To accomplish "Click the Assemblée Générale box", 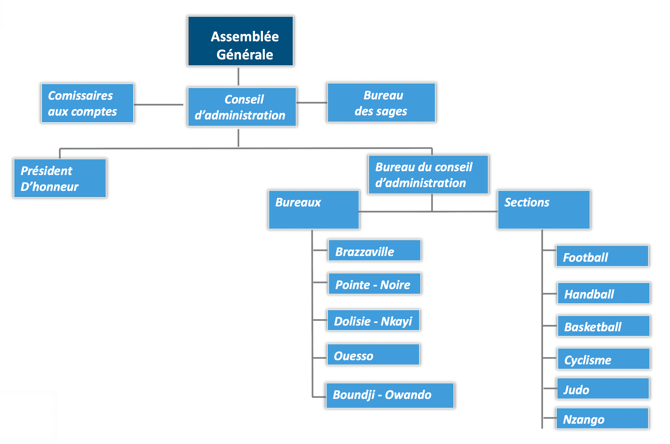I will point(240,41).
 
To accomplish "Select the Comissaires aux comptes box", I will point(87,103).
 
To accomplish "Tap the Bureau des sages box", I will point(381,103).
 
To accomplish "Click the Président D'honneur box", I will point(60,178).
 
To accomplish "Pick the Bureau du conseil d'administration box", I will point(428,174).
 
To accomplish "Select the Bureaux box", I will point(313,210).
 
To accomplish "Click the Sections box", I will point(544,210).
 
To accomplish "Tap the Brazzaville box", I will point(374,251).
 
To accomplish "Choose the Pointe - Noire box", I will point(374,284).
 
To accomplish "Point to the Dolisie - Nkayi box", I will point(373,320).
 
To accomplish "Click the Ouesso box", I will point(373,355).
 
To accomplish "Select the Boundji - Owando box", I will point(390,395).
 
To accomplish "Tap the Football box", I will point(602,256).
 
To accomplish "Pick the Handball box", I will point(603,293).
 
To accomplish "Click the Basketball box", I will point(603,326).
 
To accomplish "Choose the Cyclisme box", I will point(603,359).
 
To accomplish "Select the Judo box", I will point(602,389).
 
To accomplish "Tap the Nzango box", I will point(602,419).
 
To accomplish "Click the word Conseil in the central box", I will point(244,99).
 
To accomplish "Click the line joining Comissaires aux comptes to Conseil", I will point(158,104).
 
